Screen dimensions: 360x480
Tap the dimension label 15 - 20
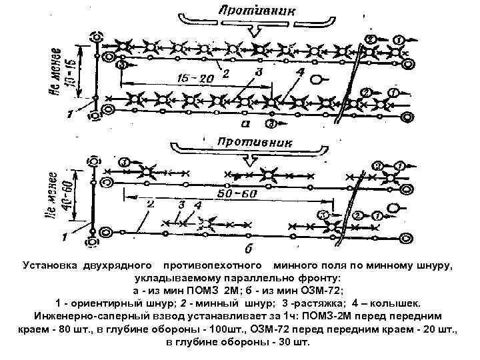click(x=195, y=78)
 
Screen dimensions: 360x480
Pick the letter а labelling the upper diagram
click(x=245, y=123)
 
